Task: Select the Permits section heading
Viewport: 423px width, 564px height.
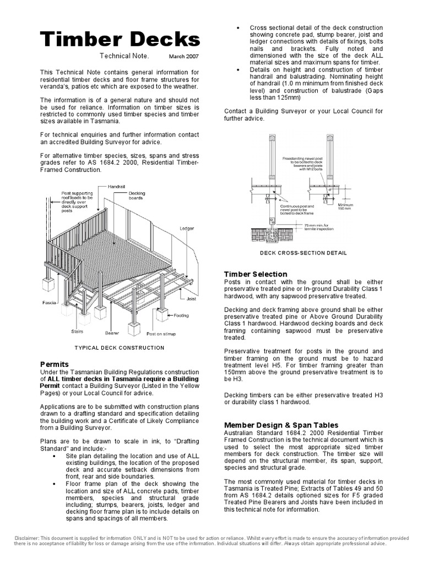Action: click(55, 364)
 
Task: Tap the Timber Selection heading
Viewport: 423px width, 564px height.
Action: click(256, 274)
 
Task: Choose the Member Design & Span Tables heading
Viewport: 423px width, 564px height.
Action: click(281, 425)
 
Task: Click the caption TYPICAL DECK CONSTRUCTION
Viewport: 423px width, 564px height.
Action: click(120, 348)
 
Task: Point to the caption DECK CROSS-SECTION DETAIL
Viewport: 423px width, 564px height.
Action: click(303, 253)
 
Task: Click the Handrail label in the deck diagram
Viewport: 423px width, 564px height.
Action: click(117, 187)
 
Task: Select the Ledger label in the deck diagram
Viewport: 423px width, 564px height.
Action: click(187, 228)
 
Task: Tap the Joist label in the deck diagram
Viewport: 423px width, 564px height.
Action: click(192, 300)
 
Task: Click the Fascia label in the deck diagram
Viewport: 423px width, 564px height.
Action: click(50, 303)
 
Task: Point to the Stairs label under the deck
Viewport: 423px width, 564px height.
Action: click(77, 332)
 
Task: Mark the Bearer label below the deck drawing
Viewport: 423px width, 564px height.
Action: click(112, 333)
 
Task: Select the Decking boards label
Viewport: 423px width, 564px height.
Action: click(137, 196)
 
